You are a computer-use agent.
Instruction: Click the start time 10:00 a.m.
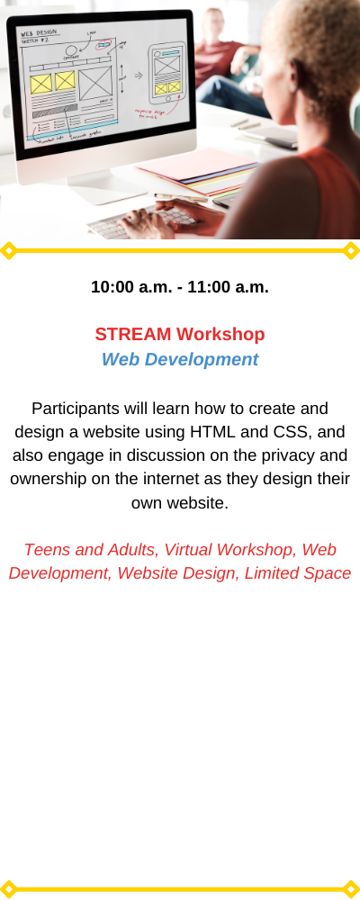pos(130,287)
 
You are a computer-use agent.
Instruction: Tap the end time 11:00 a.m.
pos(228,287)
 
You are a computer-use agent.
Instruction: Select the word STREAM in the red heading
pos(133,334)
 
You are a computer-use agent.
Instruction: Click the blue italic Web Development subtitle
pos(180,359)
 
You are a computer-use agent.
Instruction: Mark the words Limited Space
pos(297,573)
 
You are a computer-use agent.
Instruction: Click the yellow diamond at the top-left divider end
pos(8,251)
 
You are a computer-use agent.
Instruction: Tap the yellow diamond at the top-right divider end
pos(351,251)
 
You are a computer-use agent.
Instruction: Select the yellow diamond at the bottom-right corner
pos(351,889)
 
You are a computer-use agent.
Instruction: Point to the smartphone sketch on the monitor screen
pos(167,72)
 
